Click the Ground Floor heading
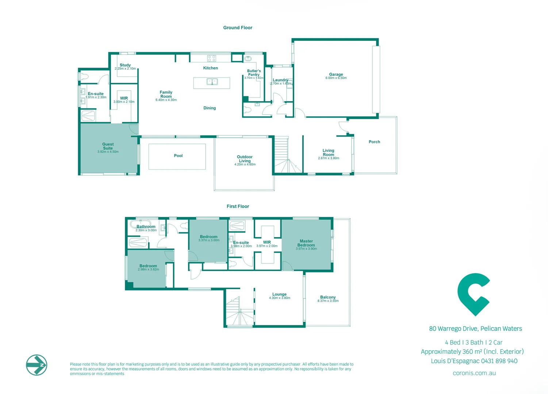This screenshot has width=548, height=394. (x=238, y=28)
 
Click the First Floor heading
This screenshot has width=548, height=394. (x=238, y=206)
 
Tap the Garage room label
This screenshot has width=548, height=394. (x=336, y=74)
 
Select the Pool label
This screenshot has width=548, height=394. (x=178, y=156)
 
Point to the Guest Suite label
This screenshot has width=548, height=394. (x=108, y=146)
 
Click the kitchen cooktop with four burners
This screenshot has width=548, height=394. (x=211, y=58)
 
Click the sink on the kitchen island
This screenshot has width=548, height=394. (x=212, y=82)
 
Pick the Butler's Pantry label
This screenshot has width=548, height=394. (x=254, y=73)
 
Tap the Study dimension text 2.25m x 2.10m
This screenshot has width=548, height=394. (x=125, y=69)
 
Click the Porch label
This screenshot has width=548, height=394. (x=374, y=142)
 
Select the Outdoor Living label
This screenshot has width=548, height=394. (x=245, y=159)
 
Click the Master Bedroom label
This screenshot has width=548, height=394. (x=306, y=243)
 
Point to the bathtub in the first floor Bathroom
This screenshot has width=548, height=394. (x=141, y=223)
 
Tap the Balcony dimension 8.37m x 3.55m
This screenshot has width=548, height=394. (x=328, y=301)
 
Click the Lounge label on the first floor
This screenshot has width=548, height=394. (x=279, y=294)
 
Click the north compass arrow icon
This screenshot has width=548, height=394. (x=37, y=365)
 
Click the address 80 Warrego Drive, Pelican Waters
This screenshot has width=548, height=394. (x=475, y=329)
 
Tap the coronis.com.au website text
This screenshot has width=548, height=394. (x=474, y=373)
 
